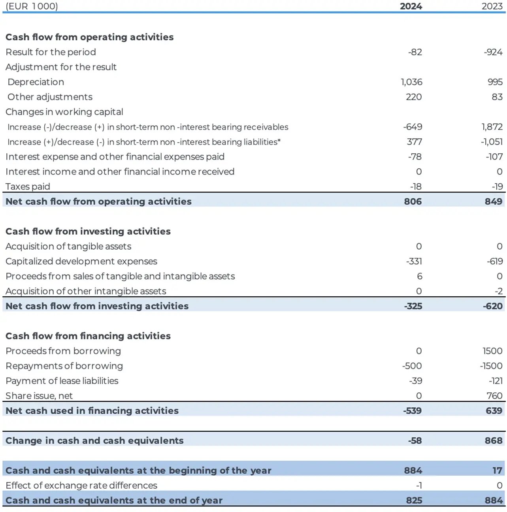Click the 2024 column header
411,6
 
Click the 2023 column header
492,6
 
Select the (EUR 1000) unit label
32,6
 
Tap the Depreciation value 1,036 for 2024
411,82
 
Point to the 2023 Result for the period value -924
493,52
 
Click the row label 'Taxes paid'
28,186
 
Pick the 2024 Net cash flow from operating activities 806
413,201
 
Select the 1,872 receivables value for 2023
492,127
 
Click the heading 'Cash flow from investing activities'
88,232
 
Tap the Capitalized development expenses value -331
414,262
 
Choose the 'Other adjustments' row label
50,97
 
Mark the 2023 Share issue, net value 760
494,396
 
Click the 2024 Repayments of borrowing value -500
412,366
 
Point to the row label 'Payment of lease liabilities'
62,381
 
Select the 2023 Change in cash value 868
494,440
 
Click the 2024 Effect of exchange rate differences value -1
419,486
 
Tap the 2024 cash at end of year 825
414,501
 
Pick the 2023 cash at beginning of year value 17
497,471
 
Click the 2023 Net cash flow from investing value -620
493,306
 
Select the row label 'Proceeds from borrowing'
63,351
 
